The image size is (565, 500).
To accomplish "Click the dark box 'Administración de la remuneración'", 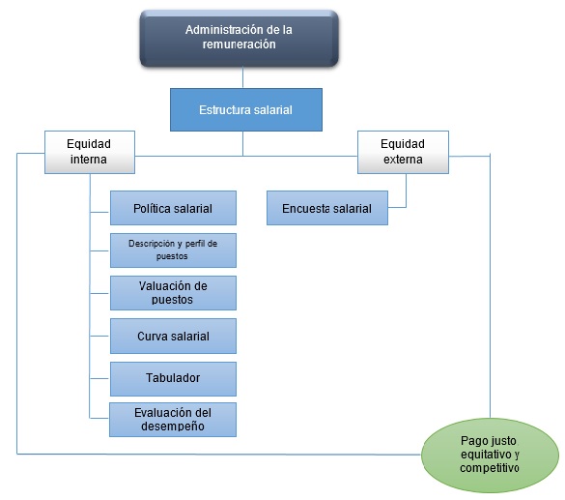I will (x=240, y=37).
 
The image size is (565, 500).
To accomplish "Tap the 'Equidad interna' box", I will (x=89, y=151).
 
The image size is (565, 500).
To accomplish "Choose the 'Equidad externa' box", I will (x=403, y=151).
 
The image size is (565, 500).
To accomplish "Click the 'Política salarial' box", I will (x=172, y=208).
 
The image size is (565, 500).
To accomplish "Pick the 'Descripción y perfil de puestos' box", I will (x=172, y=250).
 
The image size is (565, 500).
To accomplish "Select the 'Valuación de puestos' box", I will (x=172, y=292).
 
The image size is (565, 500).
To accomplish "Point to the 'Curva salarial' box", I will (x=172, y=335).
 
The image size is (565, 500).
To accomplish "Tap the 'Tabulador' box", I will (x=172, y=377).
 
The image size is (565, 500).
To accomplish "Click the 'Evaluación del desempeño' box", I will (x=172, y=419).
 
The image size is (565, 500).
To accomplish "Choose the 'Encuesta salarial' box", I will (x=326, y=208).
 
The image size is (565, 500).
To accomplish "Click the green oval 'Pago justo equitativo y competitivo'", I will (x=490, y=454).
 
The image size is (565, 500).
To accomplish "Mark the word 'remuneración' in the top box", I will (x=240, y=44).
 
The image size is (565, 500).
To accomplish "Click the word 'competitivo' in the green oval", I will (x=490, y=468).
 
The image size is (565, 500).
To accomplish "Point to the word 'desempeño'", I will (x=172, y=426).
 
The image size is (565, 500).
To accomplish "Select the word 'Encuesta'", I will (x=306, y=208).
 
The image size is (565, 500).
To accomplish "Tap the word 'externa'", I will (x=403, y=159).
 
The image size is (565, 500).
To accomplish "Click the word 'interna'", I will (x=89, y=159).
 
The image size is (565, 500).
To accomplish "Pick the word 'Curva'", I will (x=155, y=335).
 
